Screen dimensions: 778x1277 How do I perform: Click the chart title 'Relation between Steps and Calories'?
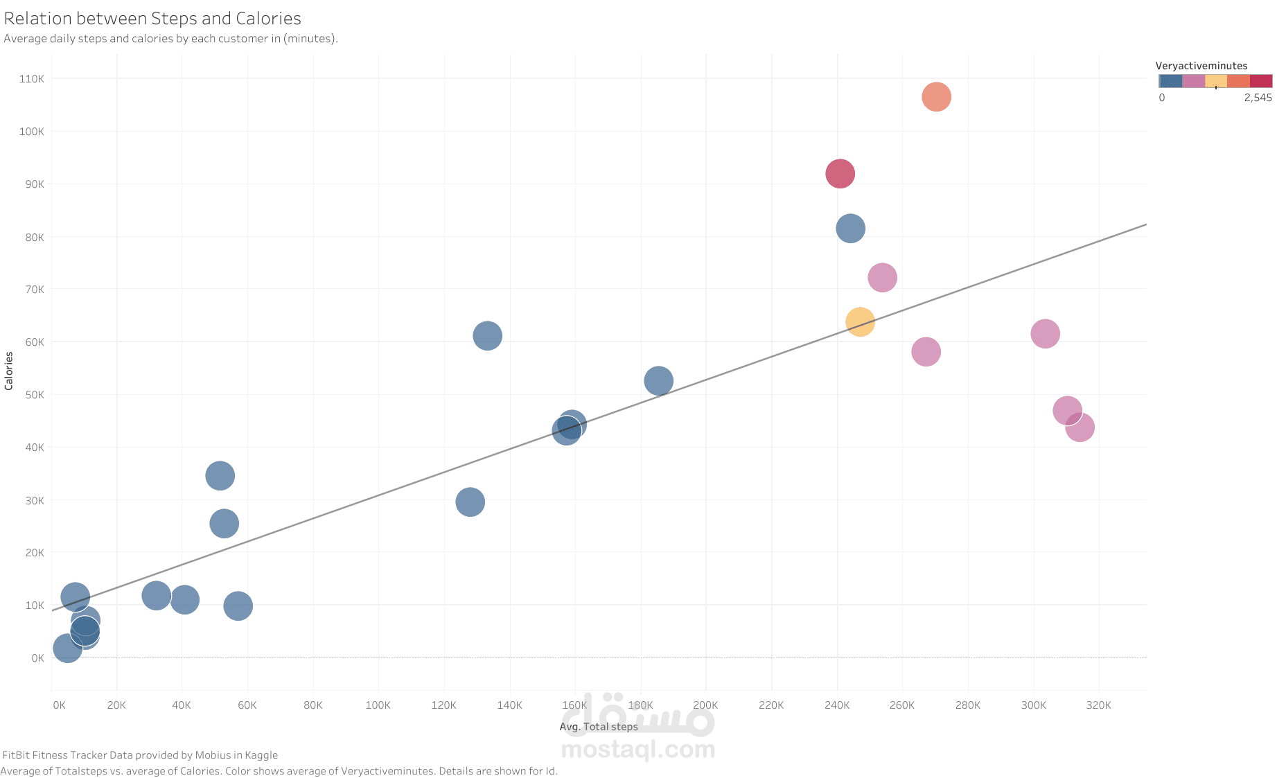[152, 19]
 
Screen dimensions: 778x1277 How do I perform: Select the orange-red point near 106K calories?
[936, 97]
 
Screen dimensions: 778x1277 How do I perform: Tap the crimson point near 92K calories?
[840, 173]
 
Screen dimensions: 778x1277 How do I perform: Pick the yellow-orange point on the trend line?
[860, 321]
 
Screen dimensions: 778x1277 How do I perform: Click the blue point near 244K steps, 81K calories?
[850, 228]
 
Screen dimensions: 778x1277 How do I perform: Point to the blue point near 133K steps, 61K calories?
[487, 336]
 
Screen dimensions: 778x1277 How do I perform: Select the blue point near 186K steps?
[658, 380]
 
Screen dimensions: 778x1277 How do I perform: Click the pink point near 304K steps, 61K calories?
[1045, 334]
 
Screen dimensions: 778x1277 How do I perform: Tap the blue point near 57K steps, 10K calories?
[238, 605]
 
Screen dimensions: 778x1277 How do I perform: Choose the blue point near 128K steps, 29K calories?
[470, 502]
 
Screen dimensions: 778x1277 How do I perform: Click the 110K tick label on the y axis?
[32, 79]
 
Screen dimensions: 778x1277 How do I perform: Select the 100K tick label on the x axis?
[378, 705]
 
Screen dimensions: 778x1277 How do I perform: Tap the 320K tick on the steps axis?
[1099, 705]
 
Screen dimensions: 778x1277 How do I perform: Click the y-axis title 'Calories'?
[9, 371]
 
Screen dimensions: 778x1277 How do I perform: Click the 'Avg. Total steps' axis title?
[599, 727]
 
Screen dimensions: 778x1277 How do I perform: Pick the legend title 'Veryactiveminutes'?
[1201, 66]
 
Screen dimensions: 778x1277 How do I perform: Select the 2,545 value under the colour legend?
[1258, 98]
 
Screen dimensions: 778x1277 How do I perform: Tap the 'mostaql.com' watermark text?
[637, 749]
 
